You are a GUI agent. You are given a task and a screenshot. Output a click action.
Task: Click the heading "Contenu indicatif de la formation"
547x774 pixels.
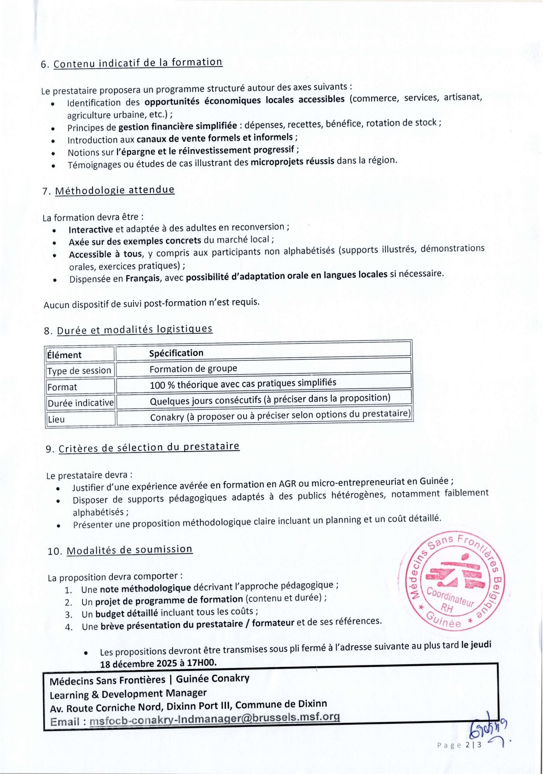138,63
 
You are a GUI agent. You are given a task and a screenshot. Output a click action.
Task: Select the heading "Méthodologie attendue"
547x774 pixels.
115,191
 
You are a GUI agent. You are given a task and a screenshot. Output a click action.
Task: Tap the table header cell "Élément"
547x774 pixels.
64,355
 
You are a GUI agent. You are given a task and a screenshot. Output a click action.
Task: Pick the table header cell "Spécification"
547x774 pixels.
176,353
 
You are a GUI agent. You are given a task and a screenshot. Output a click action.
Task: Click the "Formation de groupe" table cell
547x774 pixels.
193,369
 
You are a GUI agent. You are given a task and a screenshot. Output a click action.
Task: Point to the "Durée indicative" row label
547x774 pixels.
80,403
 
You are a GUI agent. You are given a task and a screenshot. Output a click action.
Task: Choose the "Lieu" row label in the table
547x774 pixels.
56,419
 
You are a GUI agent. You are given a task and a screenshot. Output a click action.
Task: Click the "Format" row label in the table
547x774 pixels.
62,387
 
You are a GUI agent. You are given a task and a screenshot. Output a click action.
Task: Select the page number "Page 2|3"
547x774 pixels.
459,745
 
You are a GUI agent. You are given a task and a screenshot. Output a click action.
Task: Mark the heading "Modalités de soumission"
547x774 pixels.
129,550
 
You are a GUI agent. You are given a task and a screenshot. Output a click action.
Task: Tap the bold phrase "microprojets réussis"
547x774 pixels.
292,161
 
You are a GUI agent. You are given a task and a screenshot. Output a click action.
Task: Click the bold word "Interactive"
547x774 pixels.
91,230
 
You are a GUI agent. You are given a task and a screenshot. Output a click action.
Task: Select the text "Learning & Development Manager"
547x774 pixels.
128,694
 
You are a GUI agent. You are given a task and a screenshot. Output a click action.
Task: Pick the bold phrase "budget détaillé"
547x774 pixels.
127,613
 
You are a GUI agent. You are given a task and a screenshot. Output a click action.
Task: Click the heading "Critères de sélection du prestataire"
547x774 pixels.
149,448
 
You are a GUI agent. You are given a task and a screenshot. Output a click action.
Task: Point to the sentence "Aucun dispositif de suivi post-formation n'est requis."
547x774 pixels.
151,303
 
